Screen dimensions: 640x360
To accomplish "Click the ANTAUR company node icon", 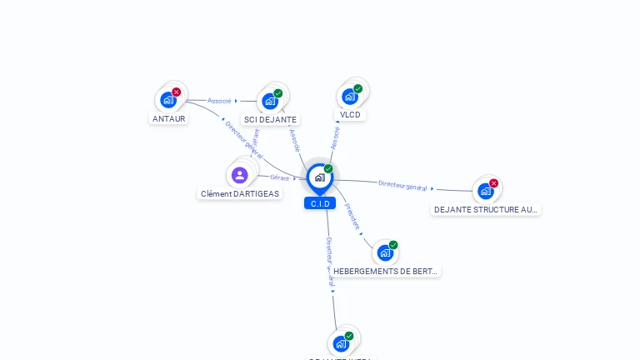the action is (x=169, y=100).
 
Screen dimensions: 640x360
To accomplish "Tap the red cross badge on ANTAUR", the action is (x=177, y=92).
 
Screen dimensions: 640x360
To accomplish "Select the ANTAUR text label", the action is (x=169, y=118).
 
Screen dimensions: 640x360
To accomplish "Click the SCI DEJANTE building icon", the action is (x=270, y=101).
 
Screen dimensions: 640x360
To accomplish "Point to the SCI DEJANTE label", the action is (x=270, y=119).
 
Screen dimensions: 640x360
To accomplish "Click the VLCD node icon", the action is (x=350, y=96).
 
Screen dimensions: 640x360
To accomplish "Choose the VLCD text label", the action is (x=350, y=114).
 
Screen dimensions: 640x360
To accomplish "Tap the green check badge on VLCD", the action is (x=358, y=89).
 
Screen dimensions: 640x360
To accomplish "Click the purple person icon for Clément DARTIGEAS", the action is (x=240, y=175).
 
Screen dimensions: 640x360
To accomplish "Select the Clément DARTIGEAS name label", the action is (x=240, y=193).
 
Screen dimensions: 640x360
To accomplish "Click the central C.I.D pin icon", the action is (x=319, y=177).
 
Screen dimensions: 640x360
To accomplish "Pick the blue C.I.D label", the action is (x=320, y=203).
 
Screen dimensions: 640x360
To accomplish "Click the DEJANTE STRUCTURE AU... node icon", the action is (x=486, y=191).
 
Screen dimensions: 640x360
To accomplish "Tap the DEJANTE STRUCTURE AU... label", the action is (x=486, y=209).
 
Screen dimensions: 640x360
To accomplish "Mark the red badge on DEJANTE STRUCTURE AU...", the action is (x=494, y=183).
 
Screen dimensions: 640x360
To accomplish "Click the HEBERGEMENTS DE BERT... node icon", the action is (x=385, y=252).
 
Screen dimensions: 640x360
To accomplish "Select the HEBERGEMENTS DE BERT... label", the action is (x=385, y=271).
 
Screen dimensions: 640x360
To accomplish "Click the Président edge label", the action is (x=352, y=216).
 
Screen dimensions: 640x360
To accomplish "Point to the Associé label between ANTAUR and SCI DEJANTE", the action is (x=219, y=101).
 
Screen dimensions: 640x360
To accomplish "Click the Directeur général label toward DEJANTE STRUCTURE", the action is (x=402, y=186).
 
